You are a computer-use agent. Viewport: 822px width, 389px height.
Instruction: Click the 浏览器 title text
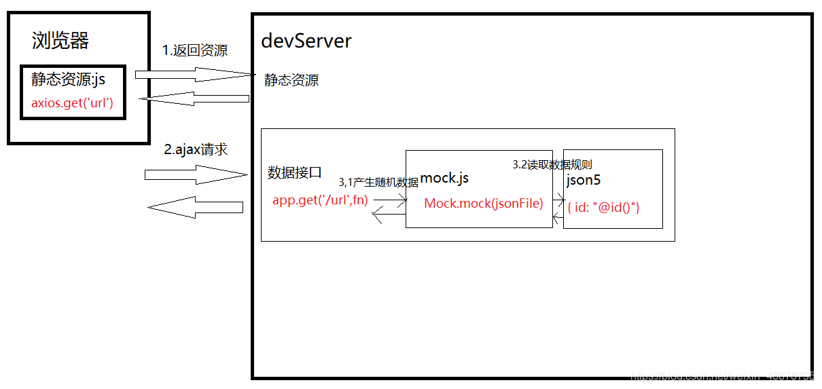(x=60, y=41)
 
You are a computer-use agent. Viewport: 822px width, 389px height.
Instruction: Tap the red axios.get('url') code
(x=72, y=104)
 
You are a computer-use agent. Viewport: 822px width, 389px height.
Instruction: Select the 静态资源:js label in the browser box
(x=68, y=80)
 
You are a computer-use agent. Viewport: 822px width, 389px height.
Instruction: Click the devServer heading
(x=306, y=41)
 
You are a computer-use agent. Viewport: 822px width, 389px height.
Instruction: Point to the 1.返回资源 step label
(x=195, y=51)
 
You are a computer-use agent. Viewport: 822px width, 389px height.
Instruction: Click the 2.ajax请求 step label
(x=196, y=150)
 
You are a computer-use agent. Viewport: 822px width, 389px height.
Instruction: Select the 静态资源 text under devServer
(x=291, y=81)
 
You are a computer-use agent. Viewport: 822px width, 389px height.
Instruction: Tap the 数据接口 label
(x=295, y=172)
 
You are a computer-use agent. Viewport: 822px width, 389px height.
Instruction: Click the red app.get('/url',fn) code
(x=320, y=200)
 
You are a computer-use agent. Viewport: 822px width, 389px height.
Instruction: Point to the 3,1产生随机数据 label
(x=378, y=183)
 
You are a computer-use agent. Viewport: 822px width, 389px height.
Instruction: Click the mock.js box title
(x=444, y=179)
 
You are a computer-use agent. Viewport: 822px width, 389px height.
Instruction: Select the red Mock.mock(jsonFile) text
(x=484, y=203)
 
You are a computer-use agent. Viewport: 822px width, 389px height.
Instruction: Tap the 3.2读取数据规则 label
(x=552, y=165)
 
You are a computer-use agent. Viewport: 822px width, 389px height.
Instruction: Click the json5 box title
(x=584, y=181)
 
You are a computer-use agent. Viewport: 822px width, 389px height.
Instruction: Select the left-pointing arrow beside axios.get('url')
(x=194, y=99)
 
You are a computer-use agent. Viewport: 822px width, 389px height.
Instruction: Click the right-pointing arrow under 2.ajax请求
(x=196, y=175)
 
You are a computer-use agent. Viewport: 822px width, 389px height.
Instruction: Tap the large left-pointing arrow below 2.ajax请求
(x=196, y=207)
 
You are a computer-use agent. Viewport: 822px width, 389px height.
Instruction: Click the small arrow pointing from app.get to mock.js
(x=390, y=200)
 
